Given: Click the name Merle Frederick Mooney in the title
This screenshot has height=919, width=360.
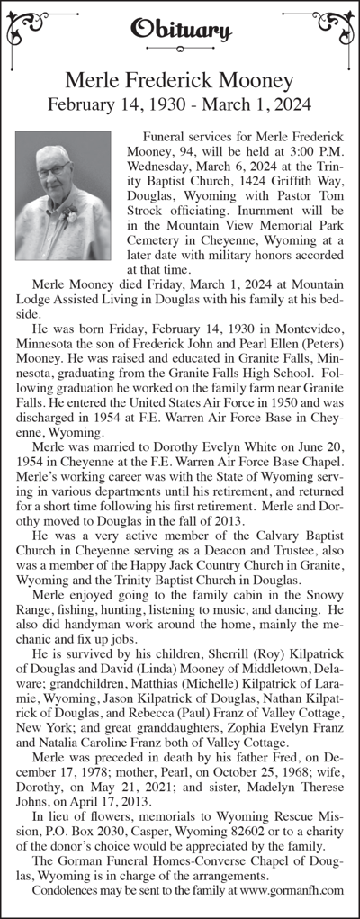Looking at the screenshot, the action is pos(180,82).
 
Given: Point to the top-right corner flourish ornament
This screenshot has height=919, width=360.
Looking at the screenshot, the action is pos(334,27).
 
